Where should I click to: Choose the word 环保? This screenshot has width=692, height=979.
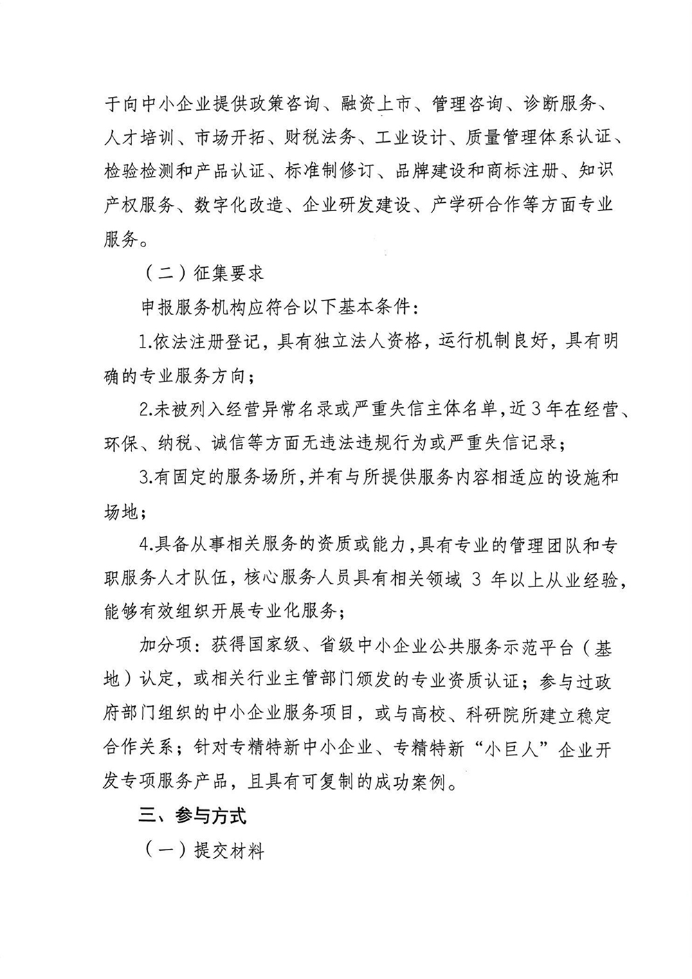tap(120, 443)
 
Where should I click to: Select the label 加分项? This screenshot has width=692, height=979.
tap(163, 647)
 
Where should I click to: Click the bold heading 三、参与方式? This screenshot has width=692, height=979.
tap(192, 816)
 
